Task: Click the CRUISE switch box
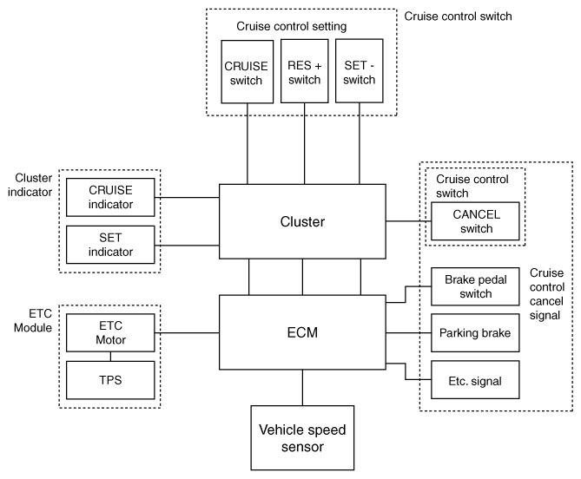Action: pyautogui.click(x=248, y=72)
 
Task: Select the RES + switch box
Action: pyautogui.click(x=305, y=71)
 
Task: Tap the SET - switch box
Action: pyautogui.click(x=359, y=70)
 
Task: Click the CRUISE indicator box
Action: pyautogui.click(x=110, y=197)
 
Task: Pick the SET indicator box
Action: pyautogui.click(x=110, y=245)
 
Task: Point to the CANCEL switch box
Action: pyautogui.click(x=475, y=221)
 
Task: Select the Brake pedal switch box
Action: pyautogui.click(x=475, y=286)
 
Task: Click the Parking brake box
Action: pyautogui.click(x=475, y=332)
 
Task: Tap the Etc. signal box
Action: pyautogui.click(x=475, y=380)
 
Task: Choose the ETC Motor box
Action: pyautogui.click(x=110, y=332)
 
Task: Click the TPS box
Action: pyautogui.click(x=110, y=380)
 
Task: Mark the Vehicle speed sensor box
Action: pyautogui.click(x=302, y=438)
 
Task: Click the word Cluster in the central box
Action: pyautogui.click(x=302, y=222)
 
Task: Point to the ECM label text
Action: pyautogui.click(x=302, y=332)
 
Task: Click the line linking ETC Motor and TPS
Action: pyautogui.click(x=110, y=357)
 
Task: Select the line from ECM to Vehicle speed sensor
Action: pyautogui.click(x=302, y=388)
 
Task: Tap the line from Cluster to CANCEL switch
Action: pyautogui.click(x=408, y=221)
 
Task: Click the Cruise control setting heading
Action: pyautogui.click(x=292, y=26)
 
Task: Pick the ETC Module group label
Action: pyautogui.click(x=33, y=320)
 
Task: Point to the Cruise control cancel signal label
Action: pyautogui.click(x=547, y=294)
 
